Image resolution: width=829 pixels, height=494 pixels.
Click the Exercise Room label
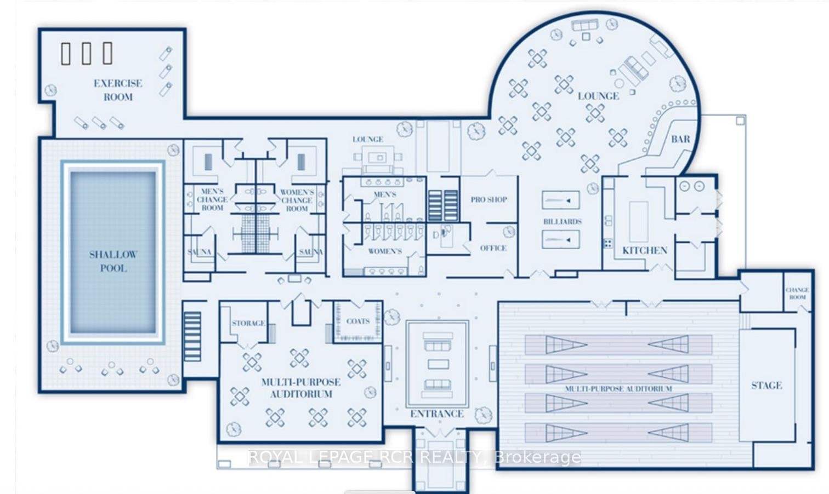pyautogui.click(x=117, y=90)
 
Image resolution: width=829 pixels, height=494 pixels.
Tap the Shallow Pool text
pyautogui.click(x=113, y=261)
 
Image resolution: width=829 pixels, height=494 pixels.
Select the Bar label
pyautogui.click(x=680, y=140)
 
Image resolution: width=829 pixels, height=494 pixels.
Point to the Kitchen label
pyautogui.click(x=645, y=251)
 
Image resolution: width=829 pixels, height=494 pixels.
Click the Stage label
pyautogui.click(x=766, y=386)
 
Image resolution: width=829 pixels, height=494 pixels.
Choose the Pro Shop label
pyautogui.click(x=489, y=200)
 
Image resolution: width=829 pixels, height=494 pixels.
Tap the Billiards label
pyautogui.click(x=562, y=222)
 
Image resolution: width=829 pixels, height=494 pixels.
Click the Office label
pyautogui.click(x=493, y=248)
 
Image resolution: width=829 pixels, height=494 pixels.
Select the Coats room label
pyautogui.click(x=358, y=321)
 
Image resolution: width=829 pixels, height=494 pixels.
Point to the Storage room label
pyautogui.click(x=248, y=323)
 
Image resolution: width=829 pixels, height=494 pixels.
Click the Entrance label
pyautogui.click(x=437, y=414)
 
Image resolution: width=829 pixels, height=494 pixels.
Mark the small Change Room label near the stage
pyautogui.click(x=797, y=294)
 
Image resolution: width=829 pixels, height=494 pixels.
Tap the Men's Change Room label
pyautogui.click(x=212, y=200)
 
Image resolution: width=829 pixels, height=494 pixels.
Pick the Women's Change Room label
pyautogui.click(x=297, y=200)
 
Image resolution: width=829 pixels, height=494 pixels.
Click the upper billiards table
pyautogui.click(x=560, y=200)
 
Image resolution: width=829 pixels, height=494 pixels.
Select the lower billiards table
pyautogui.click(x=560, y=240)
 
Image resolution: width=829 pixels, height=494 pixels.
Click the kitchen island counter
pyautogui.click(x=638, y=221)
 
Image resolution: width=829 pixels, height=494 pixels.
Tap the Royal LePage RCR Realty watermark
pyautogui.click(x=414, y=457)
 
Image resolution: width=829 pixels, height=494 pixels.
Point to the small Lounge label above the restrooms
pyautogui.click(x=367, y=140)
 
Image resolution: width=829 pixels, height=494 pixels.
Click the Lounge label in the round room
pyautogui.click(x=598, y=96)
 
